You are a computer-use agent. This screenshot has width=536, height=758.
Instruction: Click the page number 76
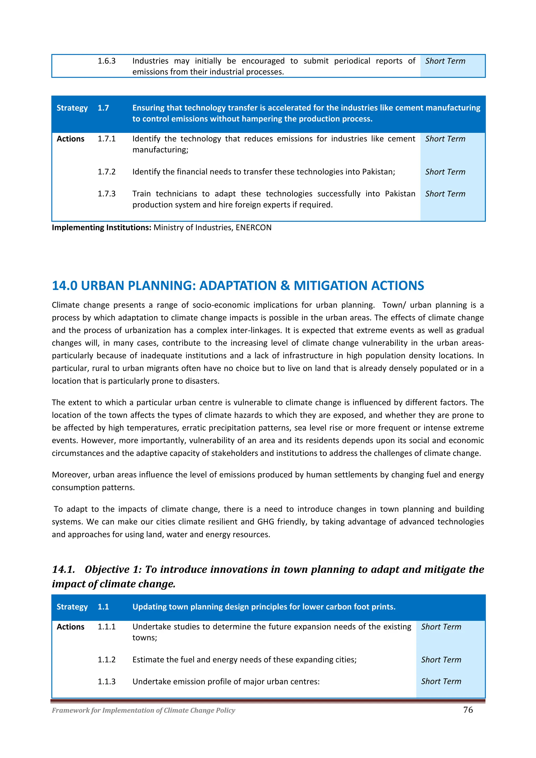click(468, 710)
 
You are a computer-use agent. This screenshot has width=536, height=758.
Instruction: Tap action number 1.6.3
click(106, 61)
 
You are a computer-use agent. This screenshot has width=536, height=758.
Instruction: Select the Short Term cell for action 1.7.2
click(445, 172)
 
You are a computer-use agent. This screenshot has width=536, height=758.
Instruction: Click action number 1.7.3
click(106, 194)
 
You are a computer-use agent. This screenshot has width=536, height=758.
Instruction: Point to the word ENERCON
click(254, 228)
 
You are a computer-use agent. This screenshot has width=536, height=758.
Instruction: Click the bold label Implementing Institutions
click(101, 228)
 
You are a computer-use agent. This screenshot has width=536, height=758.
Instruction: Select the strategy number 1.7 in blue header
click(103, 108)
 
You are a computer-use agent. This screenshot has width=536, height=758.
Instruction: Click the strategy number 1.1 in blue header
click(103, 607)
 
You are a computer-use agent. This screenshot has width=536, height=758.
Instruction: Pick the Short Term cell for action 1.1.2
click(441, 660)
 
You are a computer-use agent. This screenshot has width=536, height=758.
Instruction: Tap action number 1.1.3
click(106, 681)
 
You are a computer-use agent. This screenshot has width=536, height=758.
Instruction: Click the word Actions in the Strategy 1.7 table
click(70, 139)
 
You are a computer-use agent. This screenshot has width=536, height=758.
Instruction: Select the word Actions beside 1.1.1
click(70, 627)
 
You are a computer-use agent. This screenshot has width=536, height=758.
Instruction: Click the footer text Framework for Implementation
click(143, 710)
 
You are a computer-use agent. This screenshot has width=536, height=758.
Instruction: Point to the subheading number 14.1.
click(63, 569)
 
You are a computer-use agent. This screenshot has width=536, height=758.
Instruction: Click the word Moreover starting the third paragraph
click(71, 475)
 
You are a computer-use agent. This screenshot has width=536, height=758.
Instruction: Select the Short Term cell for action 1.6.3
click(445, 61)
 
